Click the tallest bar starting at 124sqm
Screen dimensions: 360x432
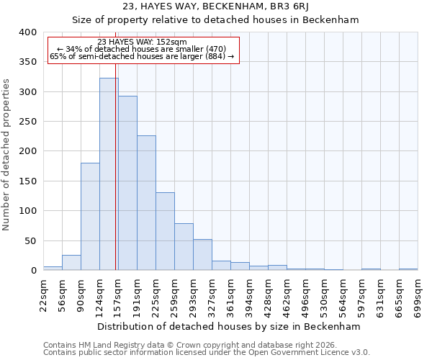109,174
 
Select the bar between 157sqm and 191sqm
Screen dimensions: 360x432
127,184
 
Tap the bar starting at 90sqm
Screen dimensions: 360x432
90,217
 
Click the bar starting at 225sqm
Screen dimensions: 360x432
165,231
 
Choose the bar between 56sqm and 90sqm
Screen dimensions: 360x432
71,263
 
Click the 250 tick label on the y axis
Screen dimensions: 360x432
26,122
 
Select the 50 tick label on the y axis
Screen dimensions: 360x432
29,240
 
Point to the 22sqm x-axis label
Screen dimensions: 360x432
48,294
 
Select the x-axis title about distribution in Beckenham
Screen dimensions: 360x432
228,326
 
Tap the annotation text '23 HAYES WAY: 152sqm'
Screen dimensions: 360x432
142,42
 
